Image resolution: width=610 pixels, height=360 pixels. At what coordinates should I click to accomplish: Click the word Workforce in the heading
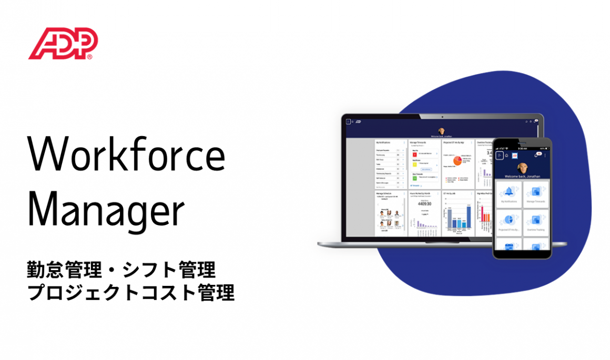point(126,156)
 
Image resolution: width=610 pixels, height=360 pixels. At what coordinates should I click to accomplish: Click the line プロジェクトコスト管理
point(131,293)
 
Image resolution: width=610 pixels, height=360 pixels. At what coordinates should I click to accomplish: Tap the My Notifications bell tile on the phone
point(509,195)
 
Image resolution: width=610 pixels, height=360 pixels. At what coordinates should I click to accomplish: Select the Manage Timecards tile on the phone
point(536,195)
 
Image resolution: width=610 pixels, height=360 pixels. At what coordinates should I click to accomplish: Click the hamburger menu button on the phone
point(499,155)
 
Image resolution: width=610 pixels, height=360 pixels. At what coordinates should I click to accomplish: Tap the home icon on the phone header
point(506,155)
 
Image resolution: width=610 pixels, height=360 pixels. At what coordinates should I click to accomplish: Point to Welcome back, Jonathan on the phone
point(522,177)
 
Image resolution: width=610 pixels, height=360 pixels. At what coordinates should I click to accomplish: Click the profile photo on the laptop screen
point(441,131)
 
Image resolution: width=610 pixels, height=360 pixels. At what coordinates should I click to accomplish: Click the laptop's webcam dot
point(441,117)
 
